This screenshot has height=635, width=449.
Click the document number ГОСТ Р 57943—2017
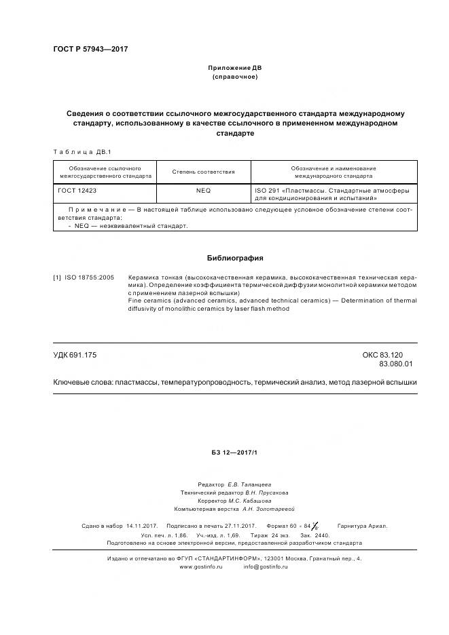coord(90,50)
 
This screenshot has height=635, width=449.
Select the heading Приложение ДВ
coord(234,69)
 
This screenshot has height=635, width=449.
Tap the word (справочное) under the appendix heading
coord(234,77)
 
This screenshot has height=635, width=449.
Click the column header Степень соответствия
coord(204,172)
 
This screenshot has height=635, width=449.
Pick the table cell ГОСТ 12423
coord(77,191)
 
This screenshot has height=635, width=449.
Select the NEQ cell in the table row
coord(204,191)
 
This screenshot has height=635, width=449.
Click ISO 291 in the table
coord(265,191)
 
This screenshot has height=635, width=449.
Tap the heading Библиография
coord(234,258)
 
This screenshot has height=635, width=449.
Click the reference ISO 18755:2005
coord(90,278)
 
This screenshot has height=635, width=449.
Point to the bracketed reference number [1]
coord(58,278)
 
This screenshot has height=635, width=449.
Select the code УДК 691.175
coord(75,355)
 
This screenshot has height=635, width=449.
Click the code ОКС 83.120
coord(383,355)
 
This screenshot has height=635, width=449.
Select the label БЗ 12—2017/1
coord(234,453)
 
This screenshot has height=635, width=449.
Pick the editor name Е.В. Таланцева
coord(249,484)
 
